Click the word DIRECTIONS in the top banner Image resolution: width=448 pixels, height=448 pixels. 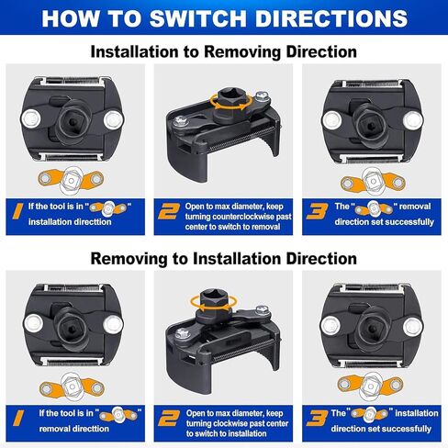(x=331, y=18)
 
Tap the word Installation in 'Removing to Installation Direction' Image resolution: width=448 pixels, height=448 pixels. (x=237, y=259)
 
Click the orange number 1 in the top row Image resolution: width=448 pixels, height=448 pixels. (x=17, y=211)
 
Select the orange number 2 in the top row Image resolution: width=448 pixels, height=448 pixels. (x=168, y=212)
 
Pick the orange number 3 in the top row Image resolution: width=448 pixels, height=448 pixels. (x=317, y=211)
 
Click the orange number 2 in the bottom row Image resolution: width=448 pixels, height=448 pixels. (x=168, y=419)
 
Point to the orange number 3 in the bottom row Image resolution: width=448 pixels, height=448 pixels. (x=317, y=419)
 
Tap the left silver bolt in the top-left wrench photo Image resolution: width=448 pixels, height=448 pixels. (x=31, y=118)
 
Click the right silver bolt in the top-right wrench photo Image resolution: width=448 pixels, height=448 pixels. (x=413, y=120)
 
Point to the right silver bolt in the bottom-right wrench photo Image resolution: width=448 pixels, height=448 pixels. (x=413, y=327)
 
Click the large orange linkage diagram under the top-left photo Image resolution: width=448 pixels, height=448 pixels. (x=71, y=180)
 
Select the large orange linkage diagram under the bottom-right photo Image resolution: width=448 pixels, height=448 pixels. (x=371, y=386)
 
